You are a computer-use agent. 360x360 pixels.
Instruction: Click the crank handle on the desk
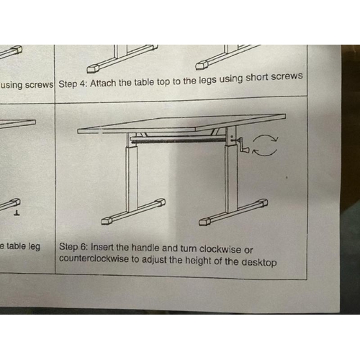(x=242, y=145)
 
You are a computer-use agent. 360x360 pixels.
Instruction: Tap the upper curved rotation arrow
(x=265, y=136)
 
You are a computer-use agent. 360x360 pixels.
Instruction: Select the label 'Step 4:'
(x=73, y=84)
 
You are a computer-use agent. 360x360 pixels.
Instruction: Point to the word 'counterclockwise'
(x=94, y=258)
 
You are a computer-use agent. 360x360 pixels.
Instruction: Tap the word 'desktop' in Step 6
(x=259, y=262)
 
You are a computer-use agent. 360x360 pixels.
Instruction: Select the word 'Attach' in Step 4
(x=103, y=83)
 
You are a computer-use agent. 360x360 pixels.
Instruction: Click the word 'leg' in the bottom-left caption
(x=34, y=246)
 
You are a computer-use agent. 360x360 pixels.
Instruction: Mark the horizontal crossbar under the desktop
(x=178, y=139)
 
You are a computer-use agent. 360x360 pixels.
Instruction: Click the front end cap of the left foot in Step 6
(x=107, y=221)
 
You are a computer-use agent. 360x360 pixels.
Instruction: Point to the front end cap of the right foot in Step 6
(x=204, y=222)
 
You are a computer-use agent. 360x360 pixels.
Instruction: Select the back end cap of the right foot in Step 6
(x=263, y=203)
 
